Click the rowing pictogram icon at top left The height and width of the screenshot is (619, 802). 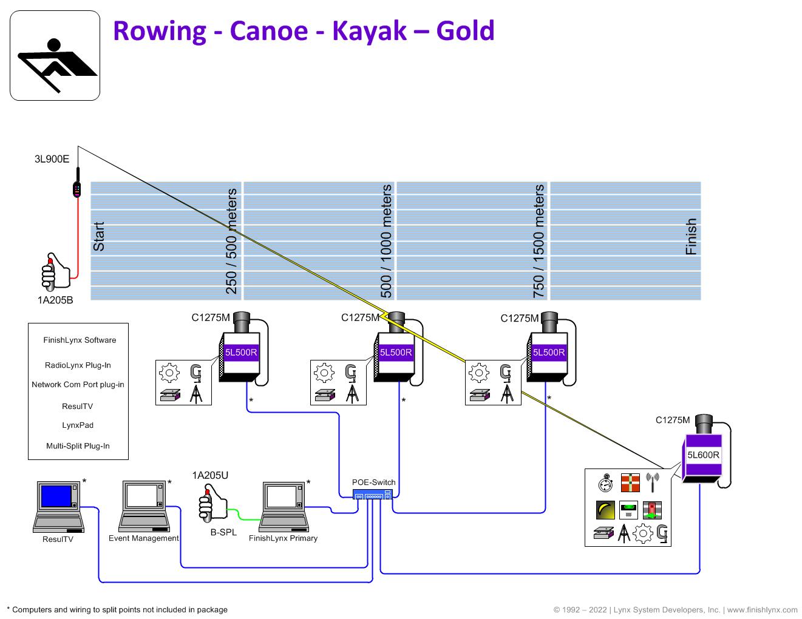(55, 56)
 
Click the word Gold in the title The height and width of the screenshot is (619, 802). (465, 31)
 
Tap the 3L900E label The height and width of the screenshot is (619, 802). (52, 160)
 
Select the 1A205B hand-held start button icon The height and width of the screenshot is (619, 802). (55, 272)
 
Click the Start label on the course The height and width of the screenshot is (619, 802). (99, 237)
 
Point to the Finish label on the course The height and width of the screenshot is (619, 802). (691, 237)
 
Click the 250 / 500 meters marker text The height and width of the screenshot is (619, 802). (231, 241)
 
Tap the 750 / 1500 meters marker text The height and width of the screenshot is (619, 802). (539, 241)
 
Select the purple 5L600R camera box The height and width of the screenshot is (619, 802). (703, 455)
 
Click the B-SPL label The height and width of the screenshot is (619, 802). (223, 532)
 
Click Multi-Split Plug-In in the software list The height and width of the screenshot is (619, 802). (78, 446)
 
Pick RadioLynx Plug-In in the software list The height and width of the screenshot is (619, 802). (78, 365)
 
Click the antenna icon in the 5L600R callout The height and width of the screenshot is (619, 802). (653, 483)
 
